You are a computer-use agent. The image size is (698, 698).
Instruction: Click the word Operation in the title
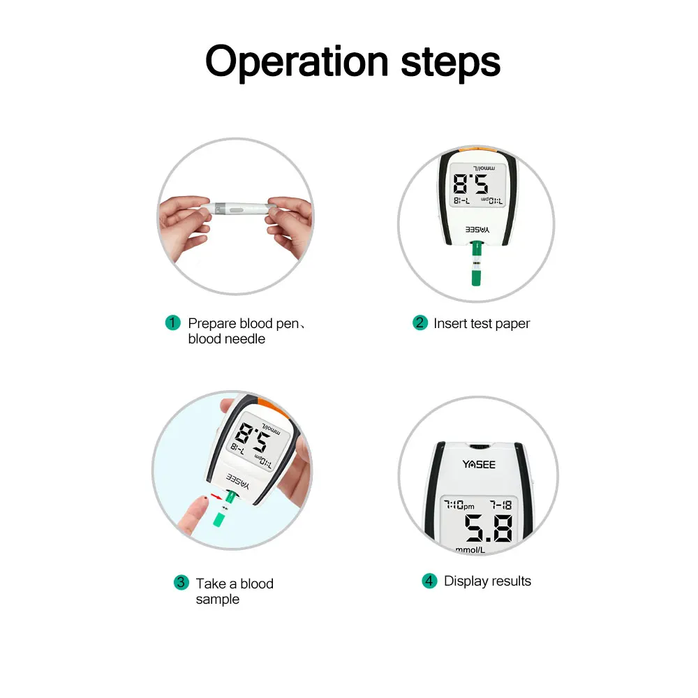pos(296,62)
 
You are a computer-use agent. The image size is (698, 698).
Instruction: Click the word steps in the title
pos(450,62)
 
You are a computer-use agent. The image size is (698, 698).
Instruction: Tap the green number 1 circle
pos(172,323)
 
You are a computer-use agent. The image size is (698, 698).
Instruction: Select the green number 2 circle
pos(419,322)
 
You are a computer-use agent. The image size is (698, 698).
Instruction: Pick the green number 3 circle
pos(181,582)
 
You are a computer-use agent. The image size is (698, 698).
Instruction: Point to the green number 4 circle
pos(429,581)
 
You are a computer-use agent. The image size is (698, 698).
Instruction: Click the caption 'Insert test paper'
pos(482,323)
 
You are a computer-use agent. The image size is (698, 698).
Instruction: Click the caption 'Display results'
pos(487,581)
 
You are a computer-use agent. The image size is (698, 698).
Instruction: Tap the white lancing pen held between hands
pos(237,208)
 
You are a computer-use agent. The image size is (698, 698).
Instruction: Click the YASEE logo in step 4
pos(479,464)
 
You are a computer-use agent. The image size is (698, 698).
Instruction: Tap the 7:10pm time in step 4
pos(459,505)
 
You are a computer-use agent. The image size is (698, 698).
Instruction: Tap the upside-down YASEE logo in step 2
pos(477,229)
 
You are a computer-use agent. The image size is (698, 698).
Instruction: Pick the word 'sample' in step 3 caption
pos(217,600)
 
